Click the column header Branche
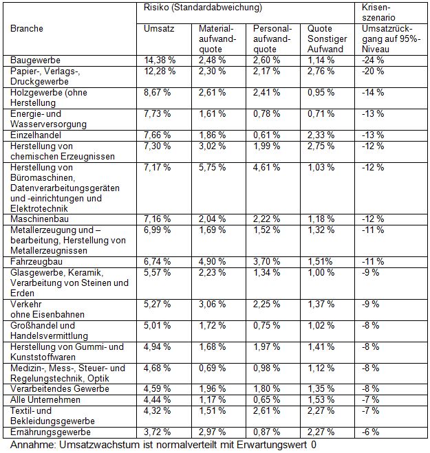click(27, 29)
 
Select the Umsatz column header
click(158, 29)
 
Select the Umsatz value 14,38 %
click(159, 60)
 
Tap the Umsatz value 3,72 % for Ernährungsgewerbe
click(159, 432)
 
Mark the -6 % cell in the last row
click(372, 432)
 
